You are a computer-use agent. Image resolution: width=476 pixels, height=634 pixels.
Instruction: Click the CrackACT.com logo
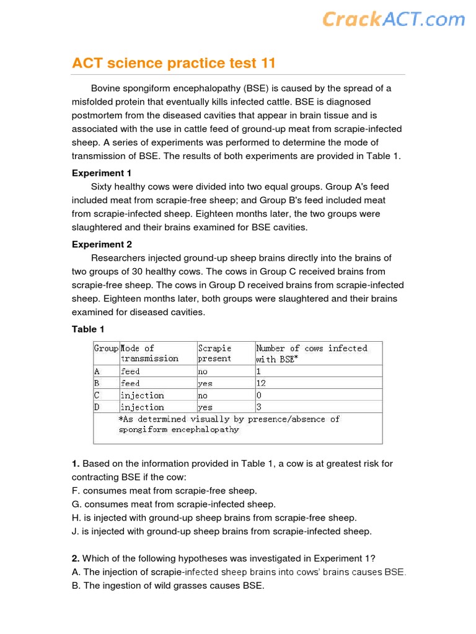393,19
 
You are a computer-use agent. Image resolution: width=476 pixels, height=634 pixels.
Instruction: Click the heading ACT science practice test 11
174,63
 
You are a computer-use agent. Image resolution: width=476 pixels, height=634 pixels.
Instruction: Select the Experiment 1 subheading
102,173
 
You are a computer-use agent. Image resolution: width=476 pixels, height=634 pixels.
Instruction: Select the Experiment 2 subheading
102,245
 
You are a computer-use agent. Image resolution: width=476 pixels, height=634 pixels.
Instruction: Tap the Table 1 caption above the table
88,329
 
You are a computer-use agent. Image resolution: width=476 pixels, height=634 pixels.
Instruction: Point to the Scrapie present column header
214,354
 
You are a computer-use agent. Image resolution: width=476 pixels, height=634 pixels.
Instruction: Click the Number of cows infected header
311,354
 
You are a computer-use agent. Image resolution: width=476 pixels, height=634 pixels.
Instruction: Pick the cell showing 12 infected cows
261,383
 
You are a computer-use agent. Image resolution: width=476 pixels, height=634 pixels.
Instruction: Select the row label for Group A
97,371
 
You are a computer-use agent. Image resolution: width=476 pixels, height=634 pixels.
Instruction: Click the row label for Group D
97,407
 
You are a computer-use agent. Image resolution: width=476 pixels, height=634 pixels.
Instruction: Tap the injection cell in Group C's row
142,396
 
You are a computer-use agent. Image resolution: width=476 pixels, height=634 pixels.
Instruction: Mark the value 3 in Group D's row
258,407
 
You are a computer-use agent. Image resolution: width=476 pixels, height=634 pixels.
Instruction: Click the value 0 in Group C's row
258,396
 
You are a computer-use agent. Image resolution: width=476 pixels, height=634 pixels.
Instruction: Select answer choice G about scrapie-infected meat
174,504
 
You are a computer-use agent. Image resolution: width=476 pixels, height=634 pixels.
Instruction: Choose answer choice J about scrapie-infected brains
222,531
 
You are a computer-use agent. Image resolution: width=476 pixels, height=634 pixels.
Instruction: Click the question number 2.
76,558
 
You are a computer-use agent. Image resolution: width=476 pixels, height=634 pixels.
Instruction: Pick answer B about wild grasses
168,586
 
